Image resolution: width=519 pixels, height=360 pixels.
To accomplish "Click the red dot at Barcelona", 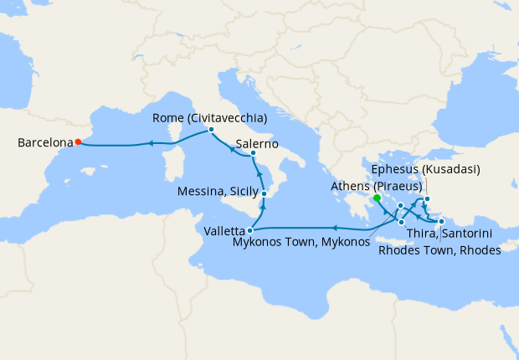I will [x=77, y=141].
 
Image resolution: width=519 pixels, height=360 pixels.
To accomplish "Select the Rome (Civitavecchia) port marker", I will [x=211, y=130].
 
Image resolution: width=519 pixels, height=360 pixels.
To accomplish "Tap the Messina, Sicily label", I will [x=218, y=193].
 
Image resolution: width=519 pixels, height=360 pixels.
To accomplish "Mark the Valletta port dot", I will [x=250, y=229].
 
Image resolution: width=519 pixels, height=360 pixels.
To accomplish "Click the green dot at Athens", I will [x=377, y=198].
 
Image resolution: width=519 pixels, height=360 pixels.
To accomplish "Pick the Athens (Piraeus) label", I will [x=374, y=185].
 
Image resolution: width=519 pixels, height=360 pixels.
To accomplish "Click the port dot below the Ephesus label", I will [x=426, y=199].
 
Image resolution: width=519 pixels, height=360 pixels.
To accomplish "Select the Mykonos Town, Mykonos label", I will [x=311, y=242].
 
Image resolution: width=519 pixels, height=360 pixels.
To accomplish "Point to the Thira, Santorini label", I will [x=449, y=234].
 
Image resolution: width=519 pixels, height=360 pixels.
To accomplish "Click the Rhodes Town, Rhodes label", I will [x=439, y=249].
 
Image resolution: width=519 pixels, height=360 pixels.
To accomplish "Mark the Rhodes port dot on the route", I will [x=441, y=221].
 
